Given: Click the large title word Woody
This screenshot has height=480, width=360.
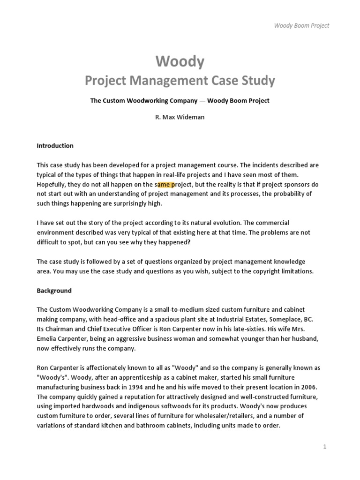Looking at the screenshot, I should (180, 61).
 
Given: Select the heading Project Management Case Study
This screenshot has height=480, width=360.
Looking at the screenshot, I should (180, 81).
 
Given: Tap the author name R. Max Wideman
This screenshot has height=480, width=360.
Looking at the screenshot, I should (180, 117).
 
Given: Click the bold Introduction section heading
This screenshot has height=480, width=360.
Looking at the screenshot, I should (55, 146).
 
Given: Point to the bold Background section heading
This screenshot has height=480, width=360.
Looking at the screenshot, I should (54, 291).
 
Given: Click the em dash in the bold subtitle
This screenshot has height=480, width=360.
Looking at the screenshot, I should (203, 101).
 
